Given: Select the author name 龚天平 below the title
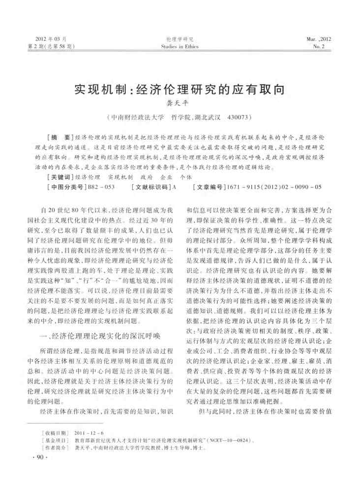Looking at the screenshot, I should (180, 105).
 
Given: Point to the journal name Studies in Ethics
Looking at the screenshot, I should (180, 47).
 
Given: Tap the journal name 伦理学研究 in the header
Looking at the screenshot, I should (180, 39).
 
